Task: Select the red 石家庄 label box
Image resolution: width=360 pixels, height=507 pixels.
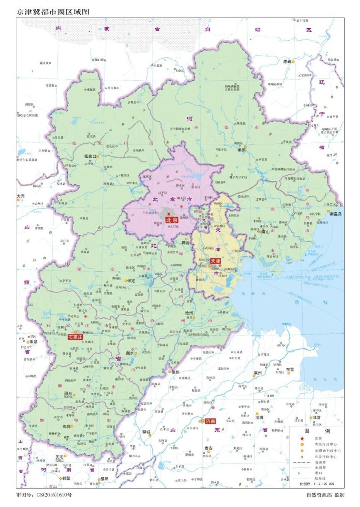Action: pos(75,337)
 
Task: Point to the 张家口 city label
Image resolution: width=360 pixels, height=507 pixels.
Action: pos(91,157)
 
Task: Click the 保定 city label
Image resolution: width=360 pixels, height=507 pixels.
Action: pos(131,281)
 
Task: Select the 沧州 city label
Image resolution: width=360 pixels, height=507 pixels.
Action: pos(189,313)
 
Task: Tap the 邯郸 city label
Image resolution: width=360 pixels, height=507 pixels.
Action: pos(67,426)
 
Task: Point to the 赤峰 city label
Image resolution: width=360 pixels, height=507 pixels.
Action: pos(287,61)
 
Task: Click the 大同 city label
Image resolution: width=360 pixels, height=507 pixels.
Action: pos(20,196)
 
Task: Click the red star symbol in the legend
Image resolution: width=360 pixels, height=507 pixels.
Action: pos(302,438)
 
